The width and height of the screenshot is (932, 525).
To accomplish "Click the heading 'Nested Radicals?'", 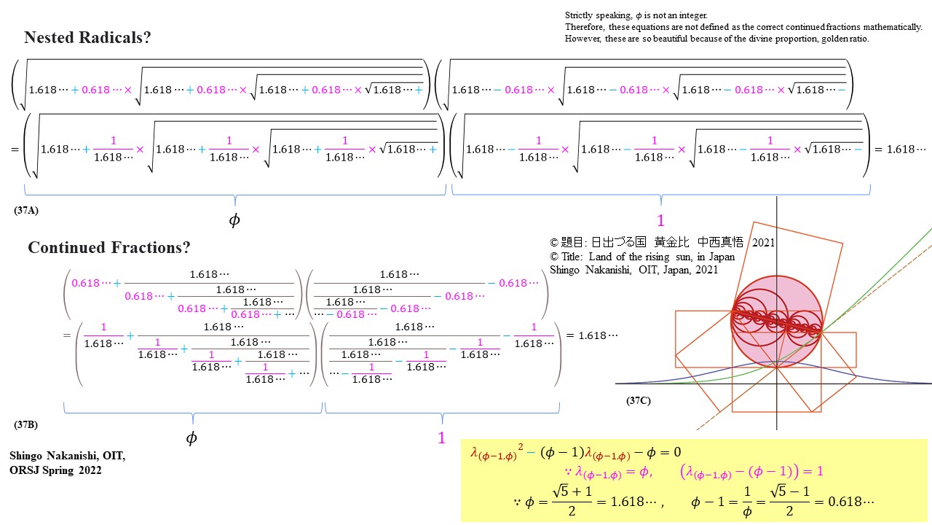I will (x=87, y=38).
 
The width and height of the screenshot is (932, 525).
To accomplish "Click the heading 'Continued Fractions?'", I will (x=109, y=248).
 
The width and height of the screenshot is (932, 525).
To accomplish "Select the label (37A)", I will (x=26, y=210).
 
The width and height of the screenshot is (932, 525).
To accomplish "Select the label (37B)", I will (x=26, y=424).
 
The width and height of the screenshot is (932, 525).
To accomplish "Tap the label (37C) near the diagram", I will (x=639, y=401).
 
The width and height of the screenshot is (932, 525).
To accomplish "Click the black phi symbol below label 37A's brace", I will (x=234, y=220).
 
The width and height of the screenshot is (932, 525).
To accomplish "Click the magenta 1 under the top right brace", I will (x=660, y=221).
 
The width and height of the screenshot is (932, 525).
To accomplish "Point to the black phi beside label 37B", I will (x=191, y=438).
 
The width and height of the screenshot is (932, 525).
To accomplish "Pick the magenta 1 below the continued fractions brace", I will (x=441, y=438).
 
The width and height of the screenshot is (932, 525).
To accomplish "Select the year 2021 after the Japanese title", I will (x=763, y=243).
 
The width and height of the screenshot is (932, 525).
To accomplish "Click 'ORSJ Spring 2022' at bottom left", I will (x=55, y=470).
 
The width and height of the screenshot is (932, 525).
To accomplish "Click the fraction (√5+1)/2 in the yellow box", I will (x=572, y=502).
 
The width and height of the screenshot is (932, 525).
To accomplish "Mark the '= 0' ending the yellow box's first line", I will (x=671, y=452).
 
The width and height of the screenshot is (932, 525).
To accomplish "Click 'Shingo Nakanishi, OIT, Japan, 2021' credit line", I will (x=633, y=270).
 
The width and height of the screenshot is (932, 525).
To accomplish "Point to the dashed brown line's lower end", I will (x=698, y=429).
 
